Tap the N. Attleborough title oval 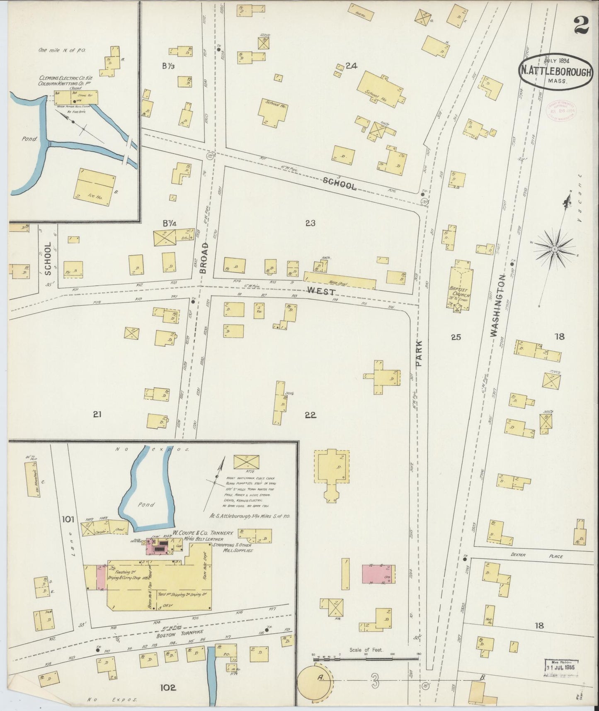[554, 71]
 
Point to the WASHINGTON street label [498, 305]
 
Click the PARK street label [419, 353]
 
